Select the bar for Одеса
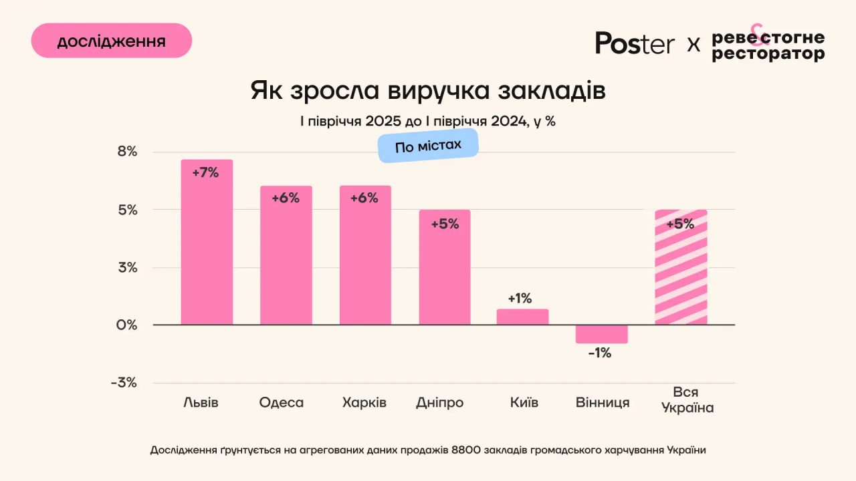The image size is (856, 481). click(x=286, y=261)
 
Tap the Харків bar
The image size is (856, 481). click(x=365, y=261)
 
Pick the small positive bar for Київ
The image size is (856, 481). click(x=522, y=317)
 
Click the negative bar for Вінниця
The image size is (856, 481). click(x=601, y=333)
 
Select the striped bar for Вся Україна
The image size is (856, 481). click(x=681, y=274)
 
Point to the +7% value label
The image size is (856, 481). click(x=205, y=172)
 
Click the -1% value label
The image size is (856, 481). click(x=600, y=353)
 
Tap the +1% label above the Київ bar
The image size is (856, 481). click(x=520, y=298)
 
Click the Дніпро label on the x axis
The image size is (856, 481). click(x=439, y=403)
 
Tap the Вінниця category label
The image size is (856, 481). click(x=603, y=403)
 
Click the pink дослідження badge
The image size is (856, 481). click(x=112, y=41)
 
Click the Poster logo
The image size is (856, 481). click(x=635, y=43)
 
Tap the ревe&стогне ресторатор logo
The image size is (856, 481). click(x=768, y=45)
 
